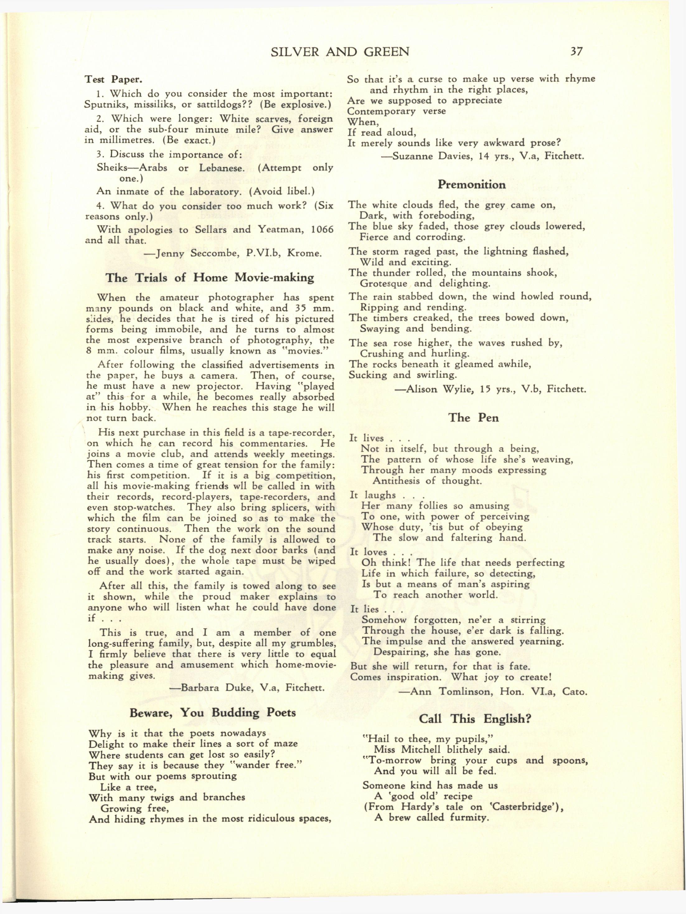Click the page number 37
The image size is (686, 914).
tap(576, 51)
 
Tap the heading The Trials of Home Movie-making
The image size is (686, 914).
tap(210, 277)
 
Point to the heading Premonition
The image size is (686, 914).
tap(471, 184)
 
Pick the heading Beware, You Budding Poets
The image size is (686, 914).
tap(212, 713)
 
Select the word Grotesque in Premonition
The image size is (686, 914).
tap(384, 284)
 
